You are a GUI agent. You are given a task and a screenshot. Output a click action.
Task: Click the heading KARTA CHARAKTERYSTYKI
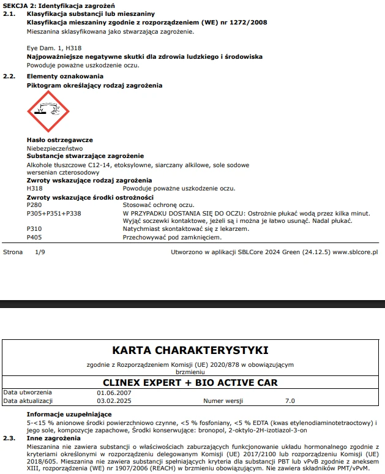coord(190,350)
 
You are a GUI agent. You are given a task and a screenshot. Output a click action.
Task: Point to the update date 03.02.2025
coord(114,401)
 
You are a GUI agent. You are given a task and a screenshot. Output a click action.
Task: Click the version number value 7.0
coord(290,401)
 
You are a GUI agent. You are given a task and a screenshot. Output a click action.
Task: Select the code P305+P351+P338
coord(54,213)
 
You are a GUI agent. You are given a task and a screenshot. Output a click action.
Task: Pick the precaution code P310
coord(35,228)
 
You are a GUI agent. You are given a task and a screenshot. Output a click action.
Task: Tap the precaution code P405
coord(35,236)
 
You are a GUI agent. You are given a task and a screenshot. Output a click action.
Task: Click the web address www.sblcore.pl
coord(355,252)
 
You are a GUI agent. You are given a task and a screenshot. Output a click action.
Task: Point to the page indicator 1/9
coord(40,252)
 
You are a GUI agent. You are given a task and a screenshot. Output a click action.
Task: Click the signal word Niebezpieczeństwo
coord(54,148)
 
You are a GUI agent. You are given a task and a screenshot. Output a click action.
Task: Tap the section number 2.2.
coord(9,77)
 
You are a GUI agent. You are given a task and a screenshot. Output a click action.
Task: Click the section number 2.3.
coord(9,438)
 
